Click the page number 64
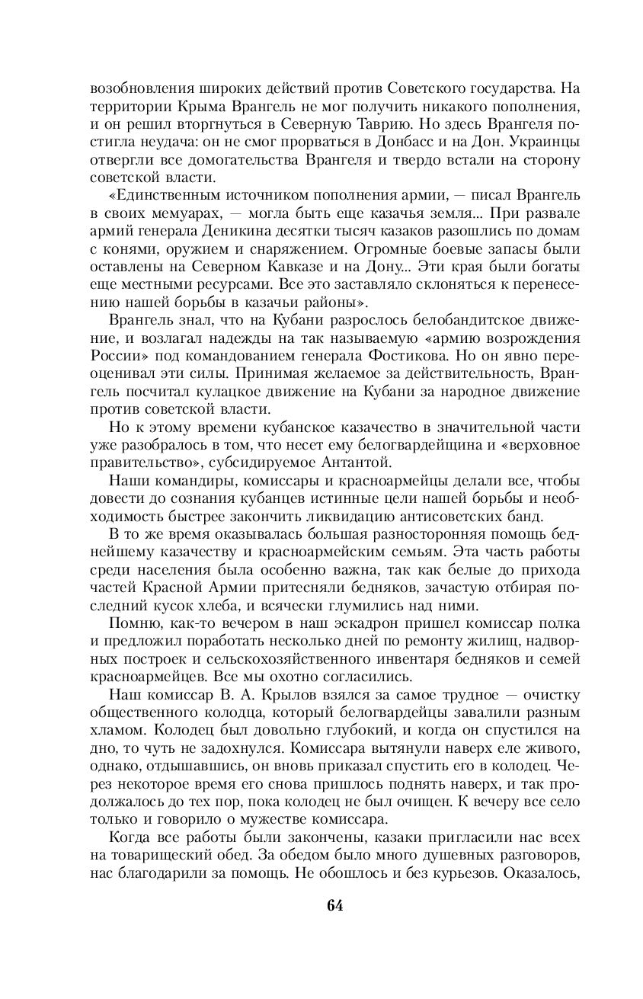[335, 905]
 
